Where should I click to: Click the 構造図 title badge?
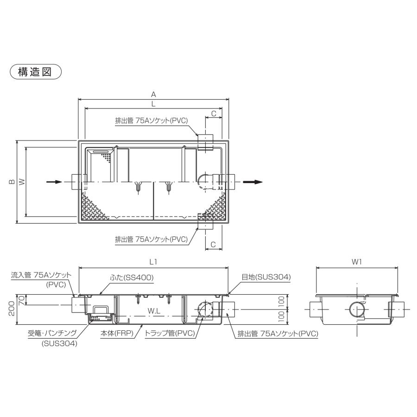36,72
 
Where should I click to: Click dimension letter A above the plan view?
153,94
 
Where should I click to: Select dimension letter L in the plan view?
153,104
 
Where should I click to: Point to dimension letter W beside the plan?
21,182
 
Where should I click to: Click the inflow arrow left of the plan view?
54,182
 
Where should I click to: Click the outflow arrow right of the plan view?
254,182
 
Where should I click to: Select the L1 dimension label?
153,262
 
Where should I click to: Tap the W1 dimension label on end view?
356,262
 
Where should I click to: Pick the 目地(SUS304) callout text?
266,277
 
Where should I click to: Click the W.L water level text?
153,312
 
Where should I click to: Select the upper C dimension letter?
214,113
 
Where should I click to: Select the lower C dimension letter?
214,244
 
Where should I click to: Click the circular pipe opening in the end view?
357,310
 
